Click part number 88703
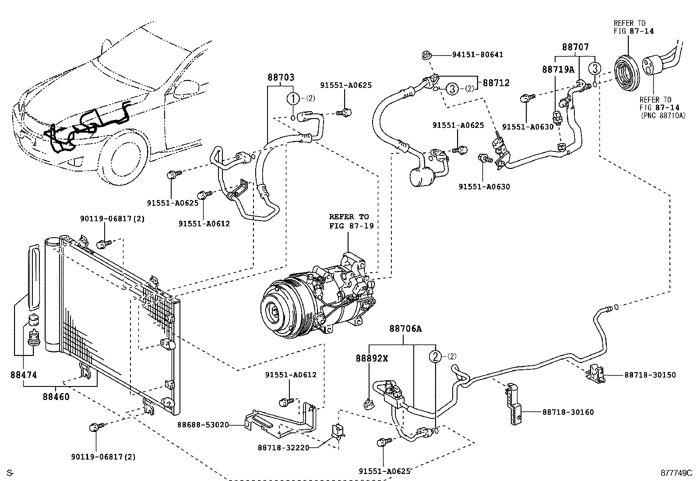pos(281,77)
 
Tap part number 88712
pos(496,83)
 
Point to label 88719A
pos(558,69)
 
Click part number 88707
pos(575,47)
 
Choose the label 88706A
pos(405,328)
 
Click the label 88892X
pos(372,358)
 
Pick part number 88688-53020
pos(203,425)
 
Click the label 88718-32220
pos(283,447)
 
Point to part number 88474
pos(24,375)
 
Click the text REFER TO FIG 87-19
pos(348,221)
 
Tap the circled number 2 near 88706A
pos(435,356)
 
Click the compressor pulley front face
pos(276,310)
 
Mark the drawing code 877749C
pos(676,473)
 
